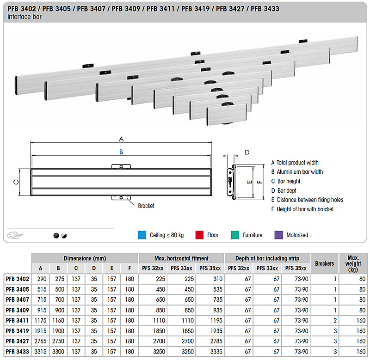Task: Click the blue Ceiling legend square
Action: coord(142,235)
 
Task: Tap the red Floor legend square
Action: coord(199,235)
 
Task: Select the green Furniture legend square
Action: coord(235,235)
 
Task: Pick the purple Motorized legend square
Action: coord(279,235)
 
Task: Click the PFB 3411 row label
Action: coord(17,321)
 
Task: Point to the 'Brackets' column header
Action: coord(325,263)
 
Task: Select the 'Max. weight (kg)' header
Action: coord(353,263)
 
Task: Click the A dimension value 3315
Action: coord(40,352)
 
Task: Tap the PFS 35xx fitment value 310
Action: coord(218,279)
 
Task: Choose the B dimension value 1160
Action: coord(58,321)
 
